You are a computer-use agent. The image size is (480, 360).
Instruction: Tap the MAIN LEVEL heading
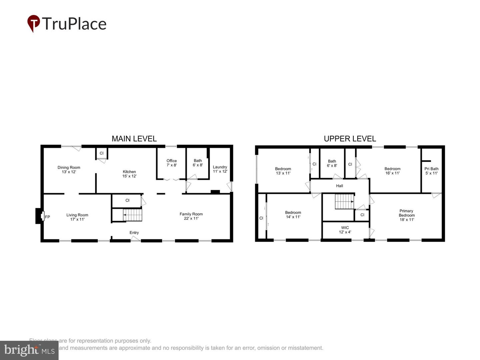click(x=134, y=139)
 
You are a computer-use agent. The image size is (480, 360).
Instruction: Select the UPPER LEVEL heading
click(x=350, y=139)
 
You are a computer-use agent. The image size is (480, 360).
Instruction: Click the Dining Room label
click(x=69, y=170)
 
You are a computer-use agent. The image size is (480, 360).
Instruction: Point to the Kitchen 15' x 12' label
click(x=129, y=174)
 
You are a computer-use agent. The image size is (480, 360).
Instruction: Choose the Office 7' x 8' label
click(x=172, y=163)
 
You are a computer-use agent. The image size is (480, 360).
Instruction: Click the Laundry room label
click(x=220, y=169)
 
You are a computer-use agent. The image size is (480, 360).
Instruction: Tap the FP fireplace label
click(x=47, y=217)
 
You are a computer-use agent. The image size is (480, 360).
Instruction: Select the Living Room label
click(x=77, y=217)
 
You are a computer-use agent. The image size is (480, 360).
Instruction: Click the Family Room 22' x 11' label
click(x=191, y=216)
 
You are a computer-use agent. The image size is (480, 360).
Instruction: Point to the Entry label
click(x=134, y=233)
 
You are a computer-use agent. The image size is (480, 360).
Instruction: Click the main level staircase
click(x=133, y=215)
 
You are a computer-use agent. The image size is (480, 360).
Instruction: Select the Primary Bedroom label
click(x=407, y=215)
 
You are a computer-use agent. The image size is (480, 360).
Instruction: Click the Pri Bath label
click(x=431, y=171)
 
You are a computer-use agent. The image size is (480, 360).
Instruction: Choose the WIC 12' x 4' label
click(x=345, y=230)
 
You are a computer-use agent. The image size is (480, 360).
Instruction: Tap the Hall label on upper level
click(x=339, y=186)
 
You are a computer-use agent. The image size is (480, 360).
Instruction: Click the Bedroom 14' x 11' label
click(x=293, y=215)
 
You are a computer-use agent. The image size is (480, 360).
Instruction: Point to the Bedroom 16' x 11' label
click(x=392, y=171)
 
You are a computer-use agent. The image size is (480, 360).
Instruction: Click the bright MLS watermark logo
click(x=29, y=350)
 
